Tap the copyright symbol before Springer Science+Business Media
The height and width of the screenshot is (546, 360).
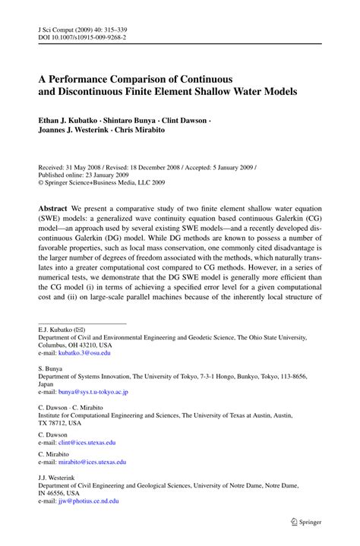pos(41,182)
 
